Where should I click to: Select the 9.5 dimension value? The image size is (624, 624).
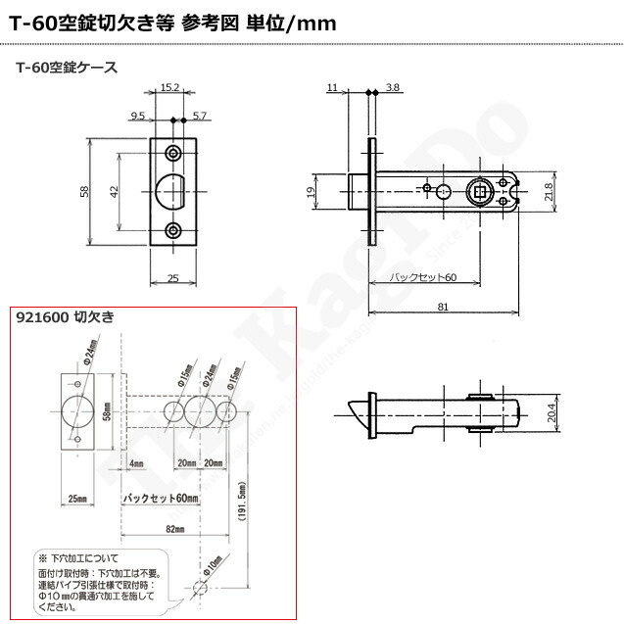pos(137,116)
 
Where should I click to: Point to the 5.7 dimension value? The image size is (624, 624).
pos(201,116)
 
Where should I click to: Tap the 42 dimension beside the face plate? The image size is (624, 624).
pos(115,190)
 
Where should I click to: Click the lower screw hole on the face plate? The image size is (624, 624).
pos(174,230)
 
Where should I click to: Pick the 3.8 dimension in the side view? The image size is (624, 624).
pos(393,88)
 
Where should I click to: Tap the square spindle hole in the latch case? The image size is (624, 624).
pos(481,191)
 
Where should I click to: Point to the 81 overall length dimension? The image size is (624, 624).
pos(443,307)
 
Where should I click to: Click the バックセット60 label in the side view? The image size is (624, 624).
pos(423,278)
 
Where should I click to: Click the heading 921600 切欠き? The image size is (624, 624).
pos(66,316)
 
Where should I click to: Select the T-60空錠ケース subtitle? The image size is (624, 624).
pos(68,68)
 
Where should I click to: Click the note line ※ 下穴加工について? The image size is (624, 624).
pos(82,556)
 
